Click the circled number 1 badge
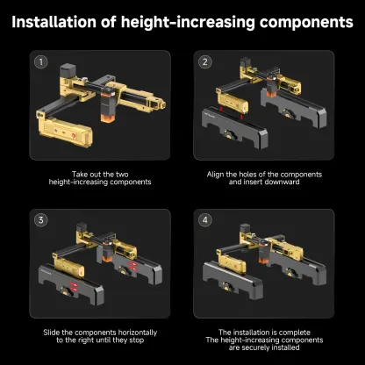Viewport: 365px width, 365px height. [41, 61]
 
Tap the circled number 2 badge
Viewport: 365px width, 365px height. [205, 61]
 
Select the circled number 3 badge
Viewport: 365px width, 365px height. [41, 220]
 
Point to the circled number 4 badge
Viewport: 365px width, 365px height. [205, 220]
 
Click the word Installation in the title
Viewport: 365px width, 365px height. [54, 22]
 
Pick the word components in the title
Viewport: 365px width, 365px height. [306, 23]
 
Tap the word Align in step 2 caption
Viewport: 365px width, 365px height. [215, 175]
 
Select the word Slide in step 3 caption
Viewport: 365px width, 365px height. [52, 333]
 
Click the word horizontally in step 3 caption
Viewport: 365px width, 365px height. [138, 333]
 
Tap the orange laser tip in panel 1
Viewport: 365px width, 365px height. [105, 118]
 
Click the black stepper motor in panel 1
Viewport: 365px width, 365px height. [68, 70]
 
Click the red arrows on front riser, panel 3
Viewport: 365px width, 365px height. [74, 286]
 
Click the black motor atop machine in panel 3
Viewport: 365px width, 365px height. [82, 227]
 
